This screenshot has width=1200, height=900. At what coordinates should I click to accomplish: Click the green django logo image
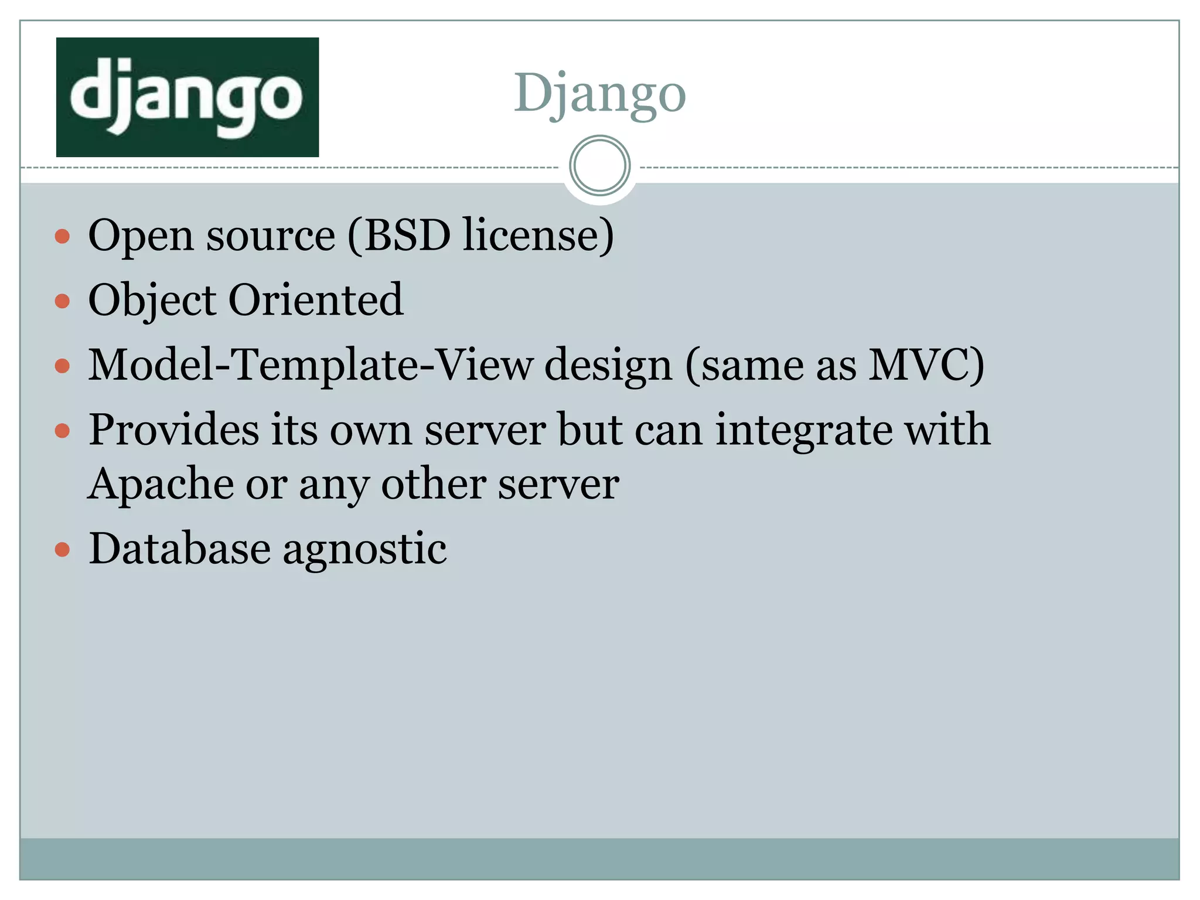pyautogui.click(x=187, y=97)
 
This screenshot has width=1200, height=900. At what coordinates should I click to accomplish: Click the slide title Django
pyautogui.click(x=599, y=94)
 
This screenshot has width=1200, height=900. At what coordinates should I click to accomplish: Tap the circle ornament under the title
pyautogui.click(x=599, y=165)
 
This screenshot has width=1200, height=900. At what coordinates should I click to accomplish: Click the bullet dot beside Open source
pyautogui.click(x=62, y=237)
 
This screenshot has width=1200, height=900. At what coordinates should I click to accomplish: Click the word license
pyautogui.click(x=536, y=236)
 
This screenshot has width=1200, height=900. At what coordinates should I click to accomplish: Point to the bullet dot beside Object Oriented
pyautogui.click(x=62, y=301)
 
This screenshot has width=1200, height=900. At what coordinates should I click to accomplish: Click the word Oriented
pyautogui.click(x=316, y=300)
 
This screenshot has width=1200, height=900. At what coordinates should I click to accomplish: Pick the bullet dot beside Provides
pyautogui.click(x=62, y=432)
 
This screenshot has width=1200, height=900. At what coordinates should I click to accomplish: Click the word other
pyautogui.click(x=434, y=484)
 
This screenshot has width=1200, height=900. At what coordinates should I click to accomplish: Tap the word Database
pyautogui.click(x=180, y=548)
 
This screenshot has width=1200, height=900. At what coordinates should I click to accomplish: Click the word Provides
pyautogui.click(x=173, y=430)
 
